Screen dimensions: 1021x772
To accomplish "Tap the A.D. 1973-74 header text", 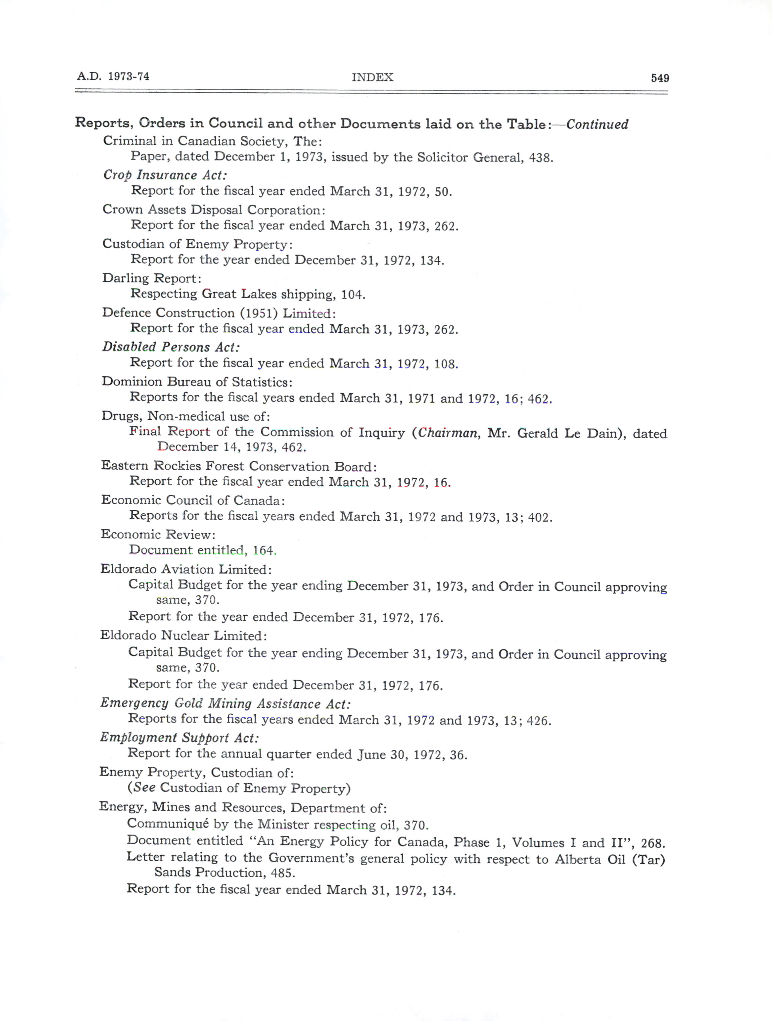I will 113,76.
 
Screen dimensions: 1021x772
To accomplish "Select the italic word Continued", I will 597,125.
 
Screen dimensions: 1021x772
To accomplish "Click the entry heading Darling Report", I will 152,278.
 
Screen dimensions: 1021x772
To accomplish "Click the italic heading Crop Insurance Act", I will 165,175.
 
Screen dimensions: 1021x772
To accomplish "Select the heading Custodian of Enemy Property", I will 197,244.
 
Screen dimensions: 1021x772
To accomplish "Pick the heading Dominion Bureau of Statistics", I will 197,382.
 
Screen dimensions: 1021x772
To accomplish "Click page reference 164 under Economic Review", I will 263,550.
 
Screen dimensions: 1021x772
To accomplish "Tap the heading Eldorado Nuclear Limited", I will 183,636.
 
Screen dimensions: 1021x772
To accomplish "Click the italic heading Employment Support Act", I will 179,737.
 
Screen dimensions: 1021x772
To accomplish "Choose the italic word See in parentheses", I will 144,788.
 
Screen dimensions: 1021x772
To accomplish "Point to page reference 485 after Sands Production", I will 284,873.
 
